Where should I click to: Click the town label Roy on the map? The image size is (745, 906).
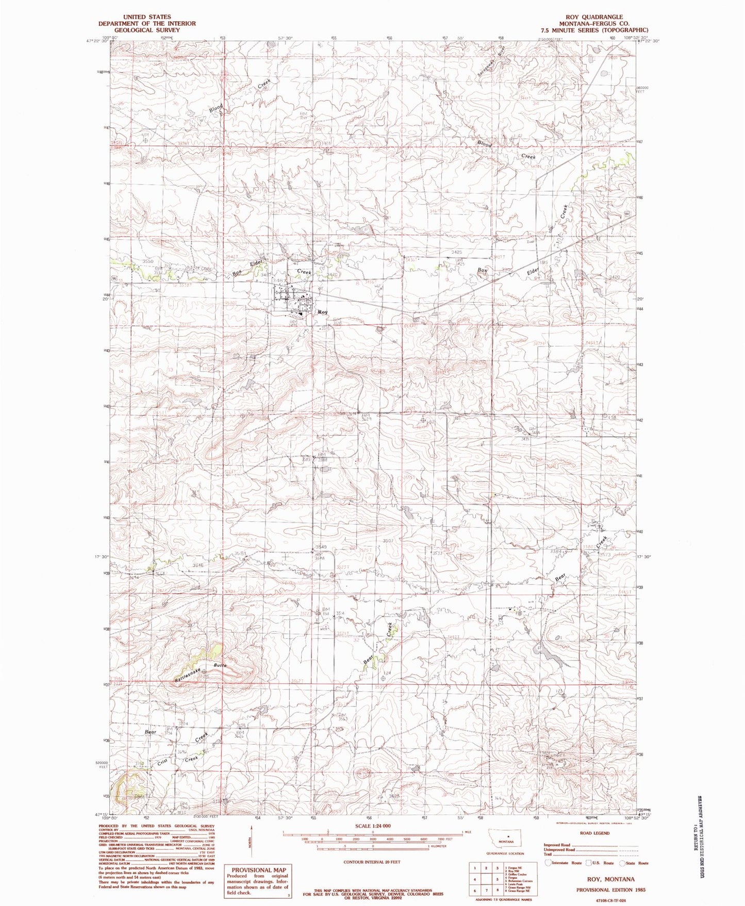tap(323, 312)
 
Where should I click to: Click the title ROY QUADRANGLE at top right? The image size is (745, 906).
tap(594, 17)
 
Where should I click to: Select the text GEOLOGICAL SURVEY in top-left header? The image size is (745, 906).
tap(147, 30)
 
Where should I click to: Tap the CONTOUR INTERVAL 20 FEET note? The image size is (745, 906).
tap(372, 862)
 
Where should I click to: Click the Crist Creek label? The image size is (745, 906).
tap(175, 761)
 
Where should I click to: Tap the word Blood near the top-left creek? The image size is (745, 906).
tap(216, 108)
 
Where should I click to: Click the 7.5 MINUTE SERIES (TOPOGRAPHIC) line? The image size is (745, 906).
tap(594, 30)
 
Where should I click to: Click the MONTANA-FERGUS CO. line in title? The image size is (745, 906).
tap(594, 24)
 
